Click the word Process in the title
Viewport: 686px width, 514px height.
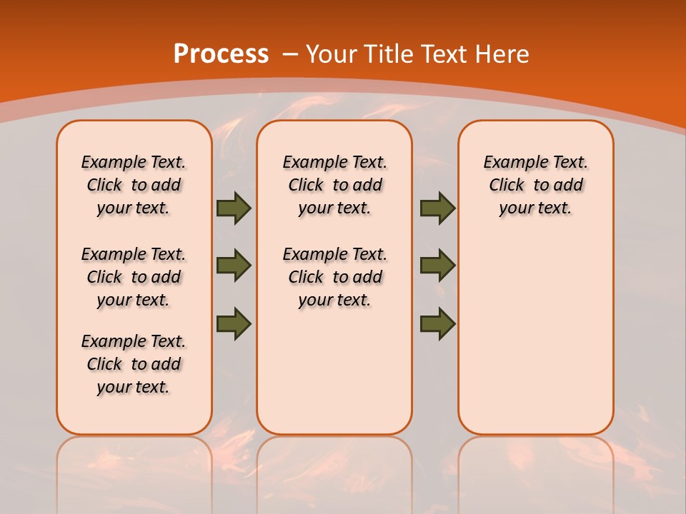[221, 54]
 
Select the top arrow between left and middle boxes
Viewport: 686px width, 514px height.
[234, 208]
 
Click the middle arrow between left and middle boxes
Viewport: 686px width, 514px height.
[234, 266]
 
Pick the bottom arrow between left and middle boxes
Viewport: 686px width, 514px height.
[234, 323]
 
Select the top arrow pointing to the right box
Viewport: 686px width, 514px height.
[437, 208]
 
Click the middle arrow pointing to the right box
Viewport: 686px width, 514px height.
[437, 266]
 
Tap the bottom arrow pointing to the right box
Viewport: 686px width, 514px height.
[437, 323]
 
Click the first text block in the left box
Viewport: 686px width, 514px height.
[134, 185]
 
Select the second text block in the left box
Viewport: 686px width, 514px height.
[134, 277]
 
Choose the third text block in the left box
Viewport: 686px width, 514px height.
[134, 364]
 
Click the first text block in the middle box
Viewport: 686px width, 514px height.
[334, 185]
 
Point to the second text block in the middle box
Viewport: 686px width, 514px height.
[334, 277]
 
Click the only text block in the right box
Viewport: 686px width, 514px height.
[535, 185]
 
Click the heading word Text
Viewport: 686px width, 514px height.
[447, 54]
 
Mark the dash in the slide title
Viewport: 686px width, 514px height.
[290, 54]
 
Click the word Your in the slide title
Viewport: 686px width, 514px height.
[332, 54]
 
